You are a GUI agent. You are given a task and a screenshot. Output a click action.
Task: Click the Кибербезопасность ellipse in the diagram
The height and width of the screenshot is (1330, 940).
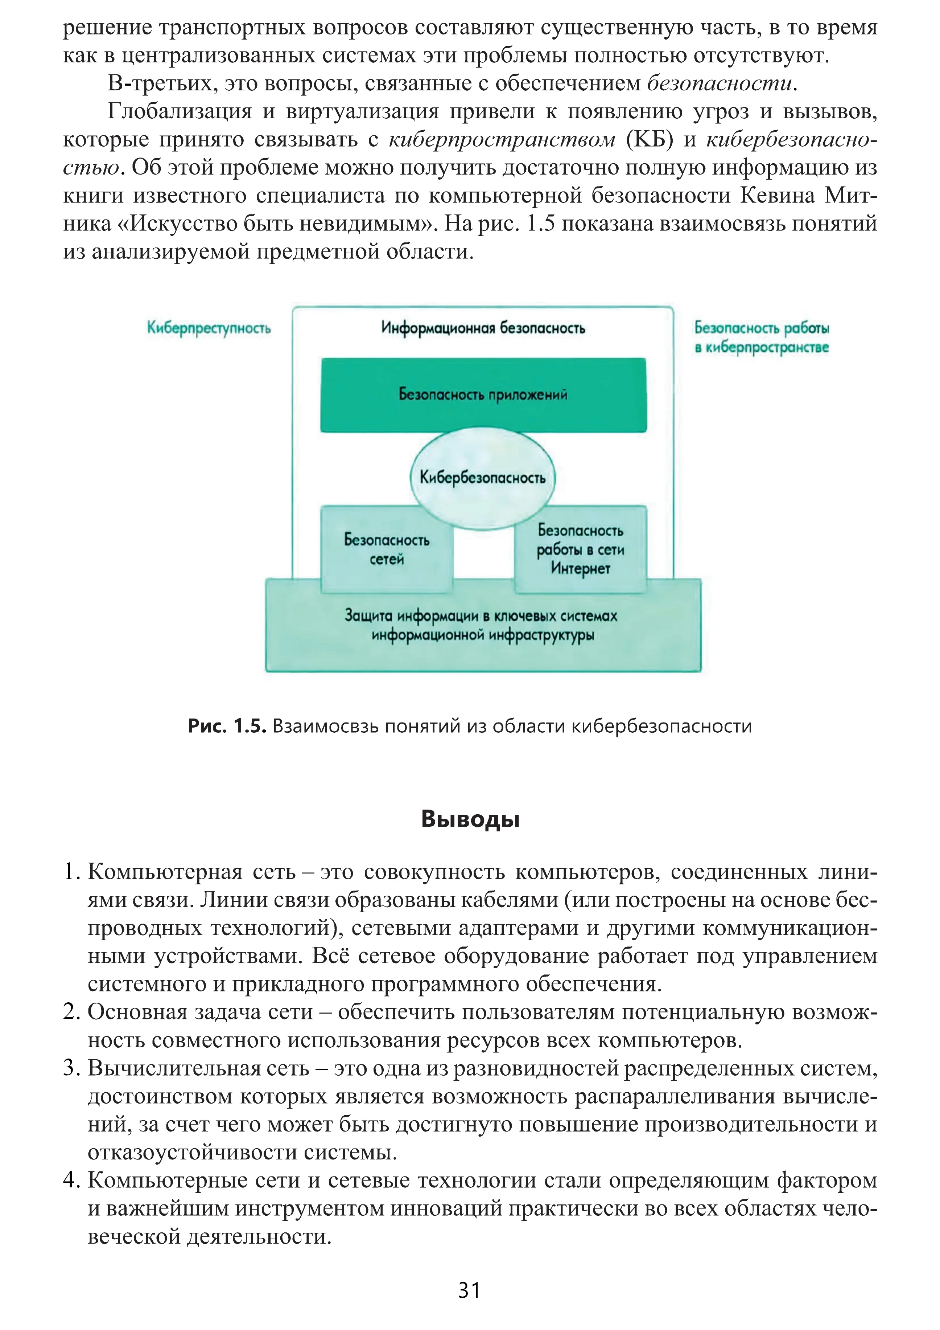482,478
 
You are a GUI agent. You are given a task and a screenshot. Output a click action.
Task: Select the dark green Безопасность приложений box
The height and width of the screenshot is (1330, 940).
483,395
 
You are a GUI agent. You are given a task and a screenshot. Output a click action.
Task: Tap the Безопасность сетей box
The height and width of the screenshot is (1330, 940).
387,549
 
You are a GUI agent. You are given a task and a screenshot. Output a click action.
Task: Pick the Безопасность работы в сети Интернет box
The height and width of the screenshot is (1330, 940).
580,549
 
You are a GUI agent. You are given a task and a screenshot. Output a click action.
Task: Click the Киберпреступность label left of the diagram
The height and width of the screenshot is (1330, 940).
209,328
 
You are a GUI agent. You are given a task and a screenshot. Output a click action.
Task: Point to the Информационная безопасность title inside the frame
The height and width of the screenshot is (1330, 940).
483,328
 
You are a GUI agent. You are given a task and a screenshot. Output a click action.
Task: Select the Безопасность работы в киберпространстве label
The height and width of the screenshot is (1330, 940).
762,338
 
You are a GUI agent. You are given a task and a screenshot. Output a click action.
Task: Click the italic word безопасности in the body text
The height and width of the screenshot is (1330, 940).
720,84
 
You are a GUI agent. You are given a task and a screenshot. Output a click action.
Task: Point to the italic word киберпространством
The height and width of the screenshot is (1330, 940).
502,140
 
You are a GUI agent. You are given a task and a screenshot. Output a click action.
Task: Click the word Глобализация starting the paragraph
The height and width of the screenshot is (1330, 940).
180,112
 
